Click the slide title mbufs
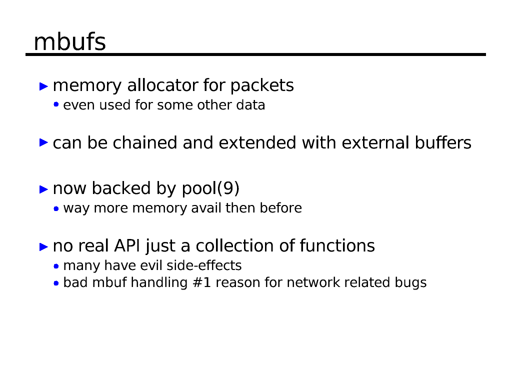click(x=69, y=41)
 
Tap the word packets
click(x=262, y=86)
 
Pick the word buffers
click(x=443, y=143)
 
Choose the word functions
click(x=337, y=246)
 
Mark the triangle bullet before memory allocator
click(x=44, y=86)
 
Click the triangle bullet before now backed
click(x=44, y=189)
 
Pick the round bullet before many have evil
click(x=56, y=266)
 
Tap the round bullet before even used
click(x=56, y=105)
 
